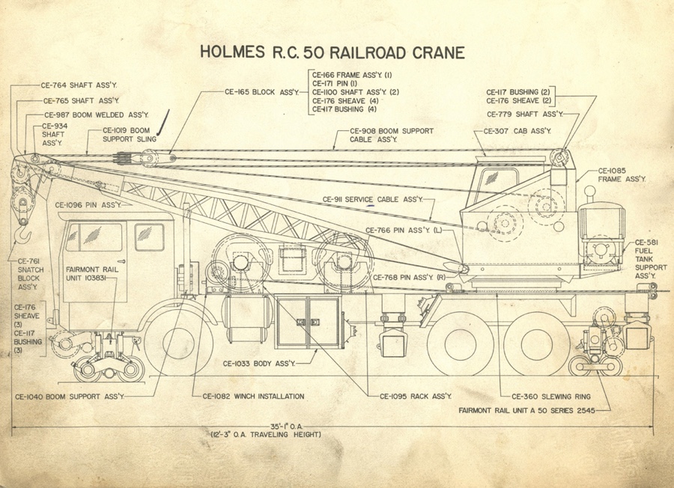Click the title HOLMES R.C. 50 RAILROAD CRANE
pos(333,52)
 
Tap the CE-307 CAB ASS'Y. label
pos(516,131)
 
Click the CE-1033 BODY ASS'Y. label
pos(259,364)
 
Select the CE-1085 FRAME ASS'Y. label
pos(622,175)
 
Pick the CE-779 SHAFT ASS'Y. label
pos(524,115)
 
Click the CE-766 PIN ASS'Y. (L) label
pos(404,230)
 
